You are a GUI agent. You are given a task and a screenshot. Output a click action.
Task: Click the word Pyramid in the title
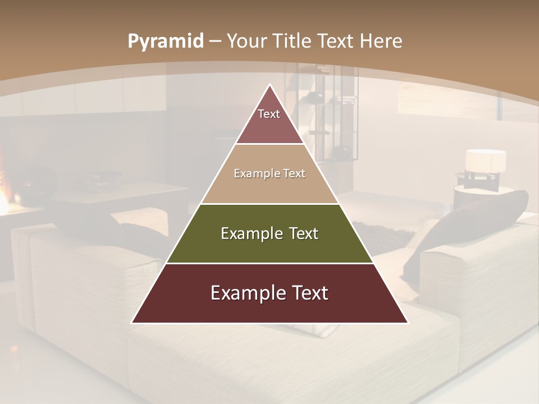click(166, 42)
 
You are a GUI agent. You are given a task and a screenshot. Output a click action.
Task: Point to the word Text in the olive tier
click(300, 233)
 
